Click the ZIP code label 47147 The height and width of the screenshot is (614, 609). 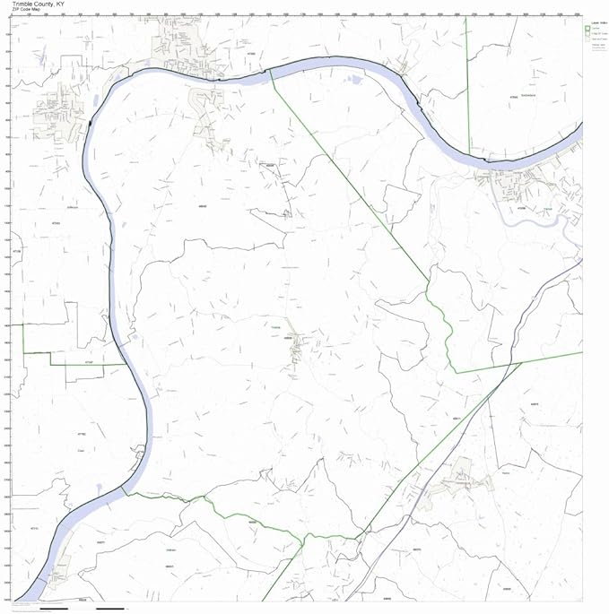[x=88, y=360]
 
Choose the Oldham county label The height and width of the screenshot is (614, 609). [x=170, y=549]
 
